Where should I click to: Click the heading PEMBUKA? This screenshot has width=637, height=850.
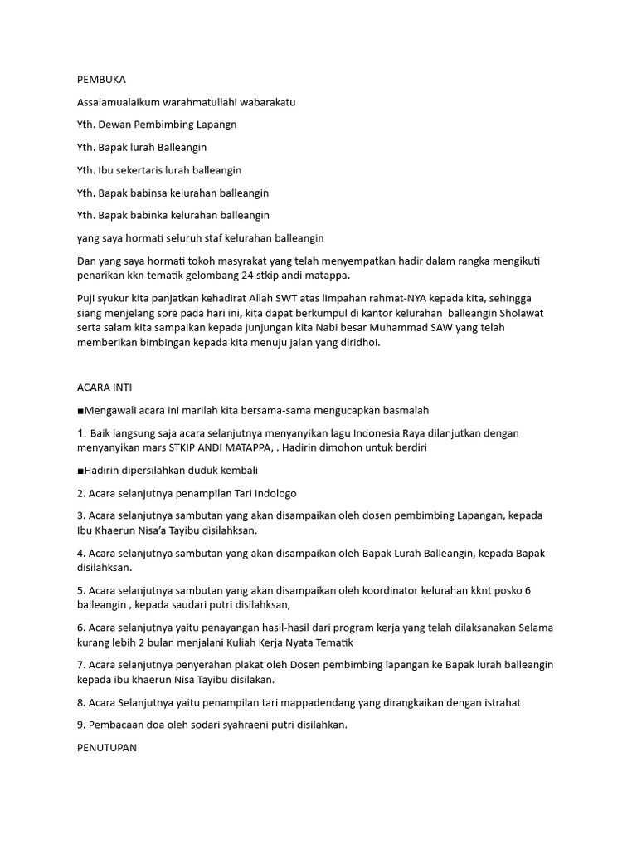pyautogui.click(x=101, y=80)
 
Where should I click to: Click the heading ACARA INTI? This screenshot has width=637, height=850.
pyautogui.click(x=105, y=388)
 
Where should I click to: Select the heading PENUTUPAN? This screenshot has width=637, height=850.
pyautogui.click(x=106, y=747)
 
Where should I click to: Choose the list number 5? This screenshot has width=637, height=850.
pyautogui.click(x=80, y=590)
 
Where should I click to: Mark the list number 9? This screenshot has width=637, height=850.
pyautogui.click(x=80, y=725)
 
